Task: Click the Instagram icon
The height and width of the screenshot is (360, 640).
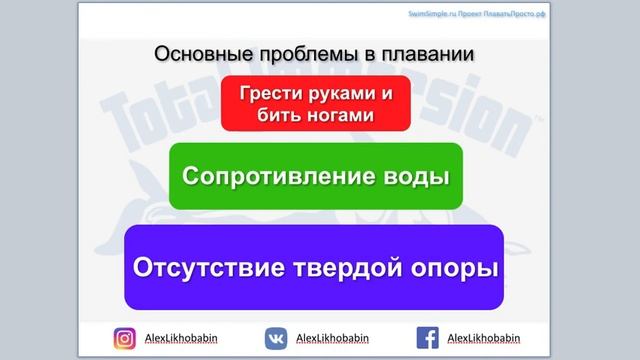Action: [124, 338]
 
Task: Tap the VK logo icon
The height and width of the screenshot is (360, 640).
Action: [276, 338]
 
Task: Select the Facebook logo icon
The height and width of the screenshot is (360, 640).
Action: [428, 338]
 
